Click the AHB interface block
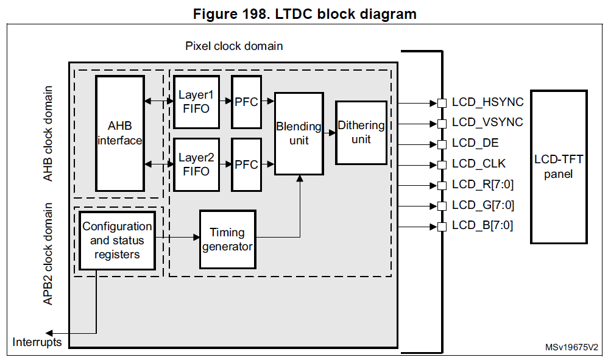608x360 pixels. (119, 133)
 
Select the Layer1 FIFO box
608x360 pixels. (196, 102)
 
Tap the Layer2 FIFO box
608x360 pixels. (196, 164)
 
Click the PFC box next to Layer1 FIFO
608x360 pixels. (246, 102)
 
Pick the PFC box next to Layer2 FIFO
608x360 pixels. (246, 164)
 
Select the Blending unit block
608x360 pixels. (299, 133)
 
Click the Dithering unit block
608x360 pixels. (361, 132)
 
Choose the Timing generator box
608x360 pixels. (227, 239)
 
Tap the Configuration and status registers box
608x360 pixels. (117, 240)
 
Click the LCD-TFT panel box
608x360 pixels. (559, 167)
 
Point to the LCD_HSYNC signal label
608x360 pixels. (487, 102)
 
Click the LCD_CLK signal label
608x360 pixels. (479, 164)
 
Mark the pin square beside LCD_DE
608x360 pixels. (441, 144)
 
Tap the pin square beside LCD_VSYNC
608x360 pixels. (441, 124)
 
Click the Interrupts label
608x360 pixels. (37, 342)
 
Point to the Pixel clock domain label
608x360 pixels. (234, 46)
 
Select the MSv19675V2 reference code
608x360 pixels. (571, 348)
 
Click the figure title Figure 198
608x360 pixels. (305, 14)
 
